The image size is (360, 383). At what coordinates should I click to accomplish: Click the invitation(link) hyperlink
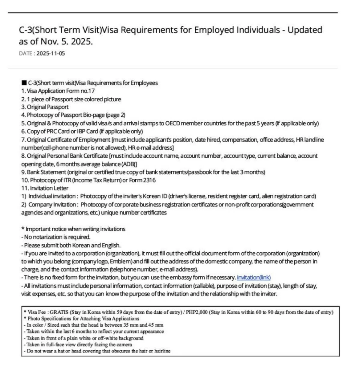click(x=254, y=278)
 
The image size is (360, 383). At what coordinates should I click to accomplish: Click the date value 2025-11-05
click(x=51, y=54)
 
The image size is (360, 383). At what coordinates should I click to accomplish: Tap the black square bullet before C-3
click(x=24, y=83)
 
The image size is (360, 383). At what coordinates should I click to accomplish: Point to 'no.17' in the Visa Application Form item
click(x=88, y=91)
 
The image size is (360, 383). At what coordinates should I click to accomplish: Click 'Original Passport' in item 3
click(x=48, y=107)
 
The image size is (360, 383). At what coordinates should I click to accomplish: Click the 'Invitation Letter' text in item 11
click(x=49, y=188)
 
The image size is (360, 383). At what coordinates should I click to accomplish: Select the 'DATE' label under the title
click(x=25, y=54)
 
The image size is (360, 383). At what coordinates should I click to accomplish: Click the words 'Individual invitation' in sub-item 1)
click(x=52, y=196)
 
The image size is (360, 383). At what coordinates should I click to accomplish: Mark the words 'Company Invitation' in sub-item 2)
click(x=52, y=205)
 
